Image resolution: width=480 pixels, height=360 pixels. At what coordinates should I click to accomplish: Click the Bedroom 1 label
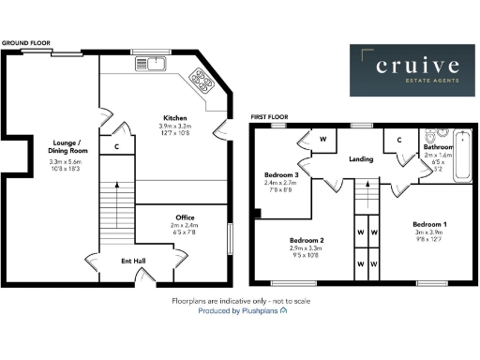pos(432,226)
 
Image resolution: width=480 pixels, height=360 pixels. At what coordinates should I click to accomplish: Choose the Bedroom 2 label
pos(307,239)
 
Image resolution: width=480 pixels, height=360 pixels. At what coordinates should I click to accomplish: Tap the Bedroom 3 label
pos(282,175)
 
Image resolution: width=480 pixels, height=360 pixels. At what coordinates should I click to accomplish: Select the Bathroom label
pos(439,147)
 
